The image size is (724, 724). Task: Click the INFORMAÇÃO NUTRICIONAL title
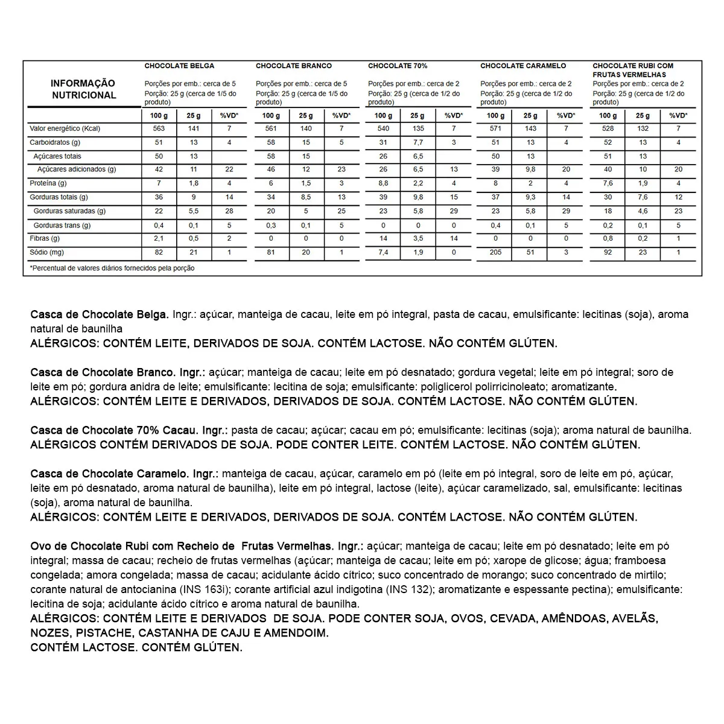pos(83,89)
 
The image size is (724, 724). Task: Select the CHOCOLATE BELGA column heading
pos(179,66)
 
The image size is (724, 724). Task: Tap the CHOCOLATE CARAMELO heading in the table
pos(523,66)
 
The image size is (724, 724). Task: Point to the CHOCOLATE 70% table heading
pos(398,66)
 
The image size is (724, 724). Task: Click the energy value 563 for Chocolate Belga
pos(159,129)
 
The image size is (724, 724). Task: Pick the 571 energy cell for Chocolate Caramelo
pos(495,129)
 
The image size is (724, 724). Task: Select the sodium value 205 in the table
pos(495,252)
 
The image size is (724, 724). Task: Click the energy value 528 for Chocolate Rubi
pos(608,129)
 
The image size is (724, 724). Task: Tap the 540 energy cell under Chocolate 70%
pos(383,129)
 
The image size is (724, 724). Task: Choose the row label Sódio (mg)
pos(46,252)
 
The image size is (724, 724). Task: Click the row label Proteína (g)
pos(48,183)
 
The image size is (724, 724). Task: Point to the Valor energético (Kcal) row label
pos(65,129)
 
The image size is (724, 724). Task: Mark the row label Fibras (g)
pos(45,238)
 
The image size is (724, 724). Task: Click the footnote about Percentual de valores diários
pos(112,268)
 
